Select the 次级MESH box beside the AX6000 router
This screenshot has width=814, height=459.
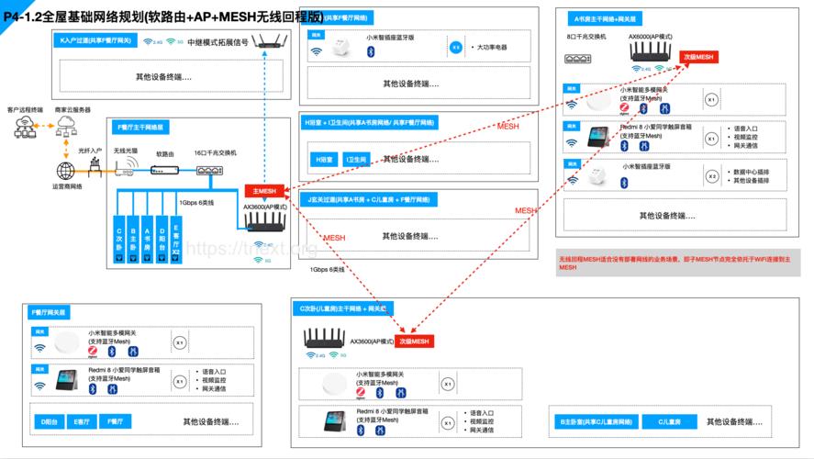coord(698,57)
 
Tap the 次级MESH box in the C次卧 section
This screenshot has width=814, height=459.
coord(415,341)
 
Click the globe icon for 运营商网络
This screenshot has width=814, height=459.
coord(66,170)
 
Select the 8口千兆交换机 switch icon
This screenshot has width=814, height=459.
coord(579,55)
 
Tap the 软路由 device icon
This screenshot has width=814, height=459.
coord(165,169)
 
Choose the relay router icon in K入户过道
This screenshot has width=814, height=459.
coord(267,41)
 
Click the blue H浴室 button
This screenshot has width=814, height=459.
coord(324,160)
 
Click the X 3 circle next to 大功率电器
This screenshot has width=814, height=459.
coord(456,46)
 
